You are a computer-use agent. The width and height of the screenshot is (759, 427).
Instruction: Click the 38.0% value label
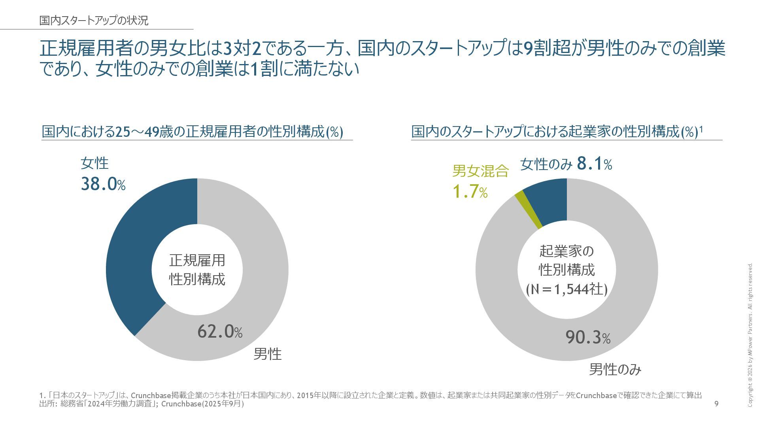[x=103, y=184]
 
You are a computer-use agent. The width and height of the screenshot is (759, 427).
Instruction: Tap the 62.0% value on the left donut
[x=220, y=331]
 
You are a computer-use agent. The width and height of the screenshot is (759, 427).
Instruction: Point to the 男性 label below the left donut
[x=268, y=354]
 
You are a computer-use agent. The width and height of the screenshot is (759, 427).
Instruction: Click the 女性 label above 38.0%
[x=94, y=163]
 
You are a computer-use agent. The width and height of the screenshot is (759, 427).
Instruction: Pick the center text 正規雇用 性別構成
[x=197, y=270]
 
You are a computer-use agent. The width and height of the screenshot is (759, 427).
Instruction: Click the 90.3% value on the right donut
[x=588, y=337]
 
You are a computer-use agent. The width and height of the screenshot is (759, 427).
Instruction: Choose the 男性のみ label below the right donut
[x=615, y=370]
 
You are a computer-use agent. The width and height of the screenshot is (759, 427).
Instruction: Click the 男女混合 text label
[x=480, y=171]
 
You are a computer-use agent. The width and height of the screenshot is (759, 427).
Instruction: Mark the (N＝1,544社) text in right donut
[x=566, y=289]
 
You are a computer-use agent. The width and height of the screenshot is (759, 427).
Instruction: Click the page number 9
[x=717, y=404]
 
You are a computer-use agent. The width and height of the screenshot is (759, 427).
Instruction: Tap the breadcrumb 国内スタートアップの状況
[x=94, y=21]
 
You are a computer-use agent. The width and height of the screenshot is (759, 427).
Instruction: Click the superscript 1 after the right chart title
[x=701, y=129]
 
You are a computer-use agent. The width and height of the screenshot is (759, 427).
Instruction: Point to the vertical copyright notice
[x=750, y=334]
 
